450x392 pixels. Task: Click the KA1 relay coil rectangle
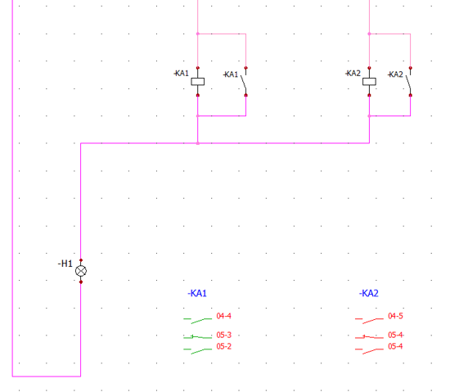click(x=198, y=82)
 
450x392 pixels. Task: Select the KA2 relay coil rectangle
click(x=369, y=82)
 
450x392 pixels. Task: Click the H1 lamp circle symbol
click(x=81, y=271)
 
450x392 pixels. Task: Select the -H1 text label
click(x=65, y=264)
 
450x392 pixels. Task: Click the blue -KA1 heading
click(x=197, y=293)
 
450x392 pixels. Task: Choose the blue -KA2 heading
click(x=369, y=293)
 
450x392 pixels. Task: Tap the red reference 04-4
click(x=224, y=316)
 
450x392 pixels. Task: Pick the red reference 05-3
click(x=224, y=335)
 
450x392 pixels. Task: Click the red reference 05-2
click(x=224, y=346)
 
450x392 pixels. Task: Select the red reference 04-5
click(x=395, y=316)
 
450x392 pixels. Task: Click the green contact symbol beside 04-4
click(x=198, y=320)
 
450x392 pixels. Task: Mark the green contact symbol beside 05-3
click(x=198, y=337)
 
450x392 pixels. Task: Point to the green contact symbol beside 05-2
click(x=198, y=351)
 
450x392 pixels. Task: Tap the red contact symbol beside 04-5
click(x=369, y=320)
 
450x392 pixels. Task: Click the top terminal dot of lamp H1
click(x=81, y=260)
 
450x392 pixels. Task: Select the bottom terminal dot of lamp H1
click(x=81, y=282)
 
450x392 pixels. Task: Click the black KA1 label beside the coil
click(x=182, y=73)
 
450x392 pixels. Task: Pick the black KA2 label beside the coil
click(x=353, y=73)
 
